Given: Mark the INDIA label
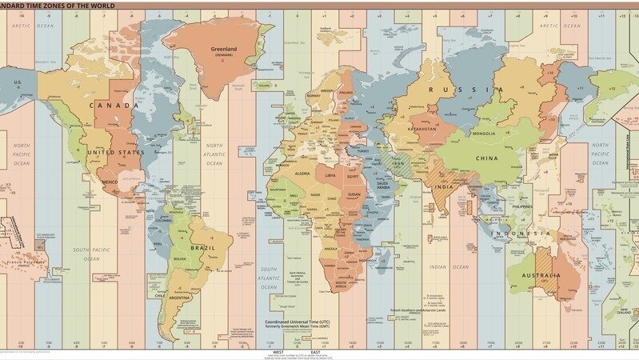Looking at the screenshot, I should [443, 186].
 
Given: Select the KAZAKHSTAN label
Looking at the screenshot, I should [421, 128].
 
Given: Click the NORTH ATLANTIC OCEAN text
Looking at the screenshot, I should [215, 154].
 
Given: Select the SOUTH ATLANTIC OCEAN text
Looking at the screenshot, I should [268, 277].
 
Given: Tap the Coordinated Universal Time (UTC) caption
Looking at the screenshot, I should [298, 324].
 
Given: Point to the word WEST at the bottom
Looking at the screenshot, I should [278, 351].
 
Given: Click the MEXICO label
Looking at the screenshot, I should [109, 182].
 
